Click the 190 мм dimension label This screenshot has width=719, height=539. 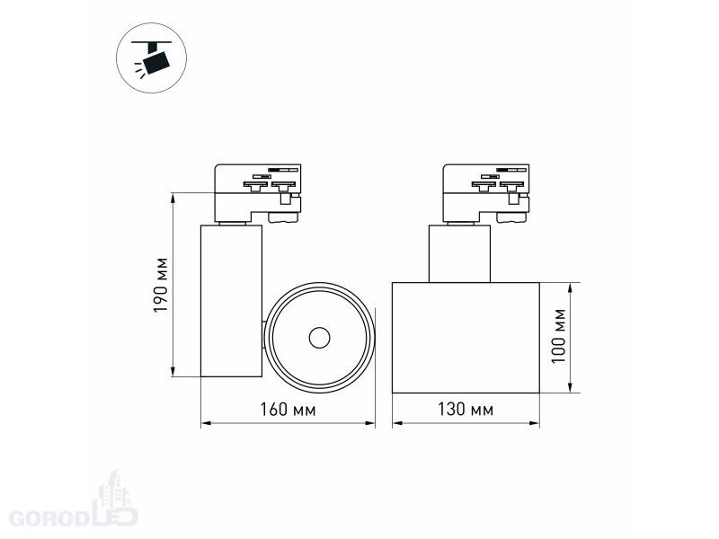point(161,285)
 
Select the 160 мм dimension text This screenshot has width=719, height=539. point(288,410)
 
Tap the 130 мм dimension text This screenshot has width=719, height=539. point(466,410)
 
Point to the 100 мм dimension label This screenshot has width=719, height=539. point(559,336)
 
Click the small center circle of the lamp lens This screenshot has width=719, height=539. point(319,338)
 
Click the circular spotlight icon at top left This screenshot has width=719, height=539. point(151,57)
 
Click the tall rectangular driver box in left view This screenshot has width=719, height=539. point(232,301)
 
